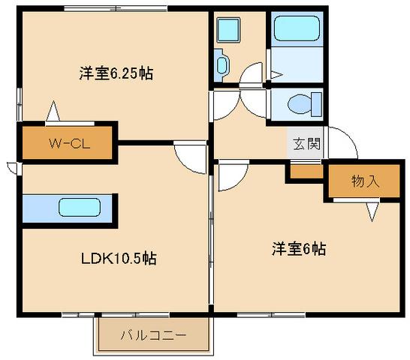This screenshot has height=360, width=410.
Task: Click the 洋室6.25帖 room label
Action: (x=116, y=73)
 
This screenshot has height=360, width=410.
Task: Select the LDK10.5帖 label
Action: (x=118, y=258)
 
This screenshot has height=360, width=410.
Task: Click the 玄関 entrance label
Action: (x=306, y=143)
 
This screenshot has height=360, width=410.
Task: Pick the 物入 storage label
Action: (x=364, y=181)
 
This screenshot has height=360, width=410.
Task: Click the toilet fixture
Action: (x=307, y=102)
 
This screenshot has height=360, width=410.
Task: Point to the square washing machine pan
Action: (x=228, y=31)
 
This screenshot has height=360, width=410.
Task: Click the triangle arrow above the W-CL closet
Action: (x=53, y=111)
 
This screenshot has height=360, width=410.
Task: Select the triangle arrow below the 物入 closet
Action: (x=372, y=213)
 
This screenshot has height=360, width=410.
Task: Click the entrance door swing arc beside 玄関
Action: (x=338, y=142)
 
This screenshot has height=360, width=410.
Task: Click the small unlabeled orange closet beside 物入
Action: (x=305, y=172)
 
